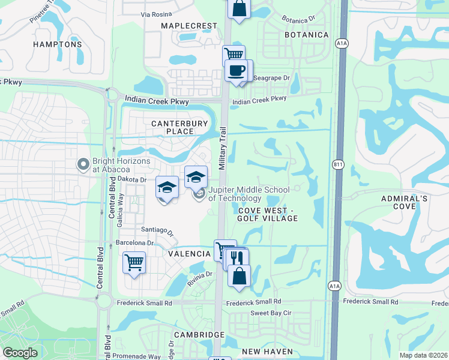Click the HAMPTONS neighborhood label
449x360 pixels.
coord(58,44)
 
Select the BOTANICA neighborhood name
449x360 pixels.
coord(307,35)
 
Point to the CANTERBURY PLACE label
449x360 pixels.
coord(179,127)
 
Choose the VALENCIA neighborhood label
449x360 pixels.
coord(190,254)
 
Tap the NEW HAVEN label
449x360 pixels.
coord(267,351)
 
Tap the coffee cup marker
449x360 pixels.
coord(237,71)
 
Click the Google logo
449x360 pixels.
coord(20,352)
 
